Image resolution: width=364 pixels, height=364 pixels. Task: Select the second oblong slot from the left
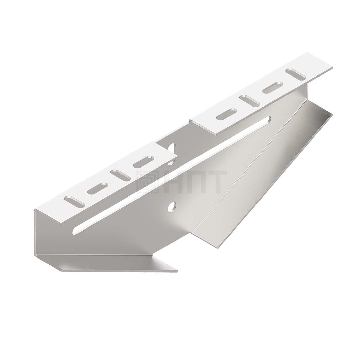(x=97, y=188)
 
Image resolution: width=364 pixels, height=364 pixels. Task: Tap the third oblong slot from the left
(x=120, y=175)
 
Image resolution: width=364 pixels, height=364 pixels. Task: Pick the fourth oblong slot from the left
(x=144, y=162)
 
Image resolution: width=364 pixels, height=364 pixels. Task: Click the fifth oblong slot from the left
(x=226, y=114)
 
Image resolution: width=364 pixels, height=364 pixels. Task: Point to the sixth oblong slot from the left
(x=250, y=101)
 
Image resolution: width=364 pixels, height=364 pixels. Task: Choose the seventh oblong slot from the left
(x=273, y=88)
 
